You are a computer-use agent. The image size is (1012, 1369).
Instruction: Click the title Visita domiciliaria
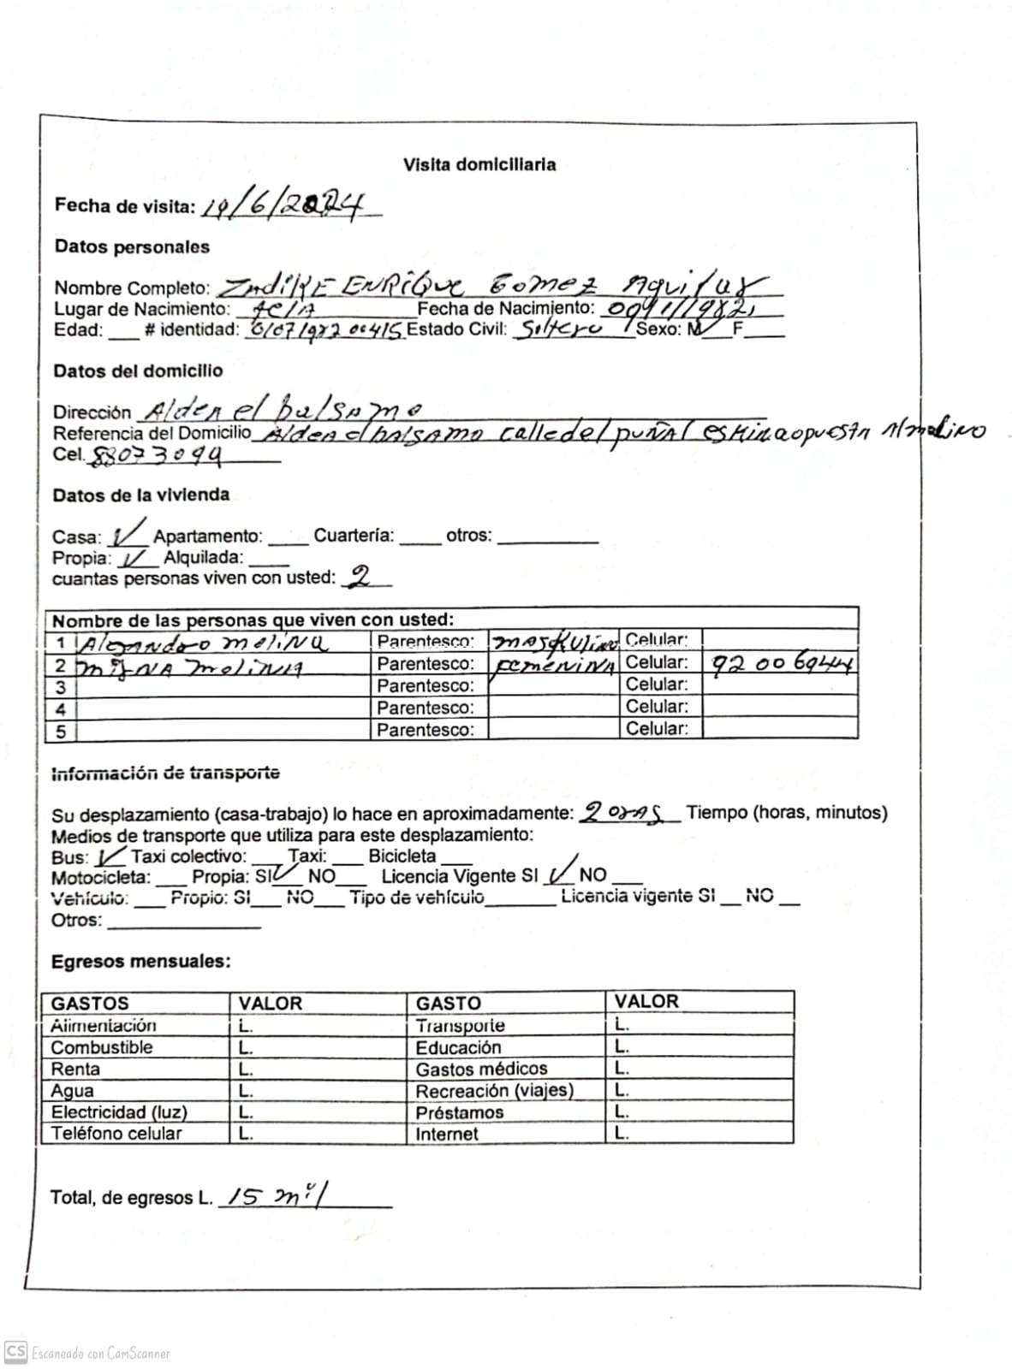[479, 164]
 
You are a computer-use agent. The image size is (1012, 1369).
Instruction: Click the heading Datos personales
[132, 246]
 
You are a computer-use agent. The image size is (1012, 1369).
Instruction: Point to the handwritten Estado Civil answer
[560, 329]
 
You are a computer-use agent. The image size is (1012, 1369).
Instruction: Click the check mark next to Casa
[128, 533]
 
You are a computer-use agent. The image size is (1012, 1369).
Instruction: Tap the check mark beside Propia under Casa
[135, 559]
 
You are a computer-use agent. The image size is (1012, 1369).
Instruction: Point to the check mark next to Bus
[110, 856]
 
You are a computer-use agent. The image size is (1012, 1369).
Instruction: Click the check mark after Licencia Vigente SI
[561, 871]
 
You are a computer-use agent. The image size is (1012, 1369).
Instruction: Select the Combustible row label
[102, 1047]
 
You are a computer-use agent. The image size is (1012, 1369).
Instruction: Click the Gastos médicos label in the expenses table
[481, 1069]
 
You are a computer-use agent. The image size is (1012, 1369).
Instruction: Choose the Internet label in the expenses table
[447, 1134]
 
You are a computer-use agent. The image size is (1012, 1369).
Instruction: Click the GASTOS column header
[90, 1003]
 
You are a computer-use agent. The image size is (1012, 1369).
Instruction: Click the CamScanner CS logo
[15, 1352]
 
